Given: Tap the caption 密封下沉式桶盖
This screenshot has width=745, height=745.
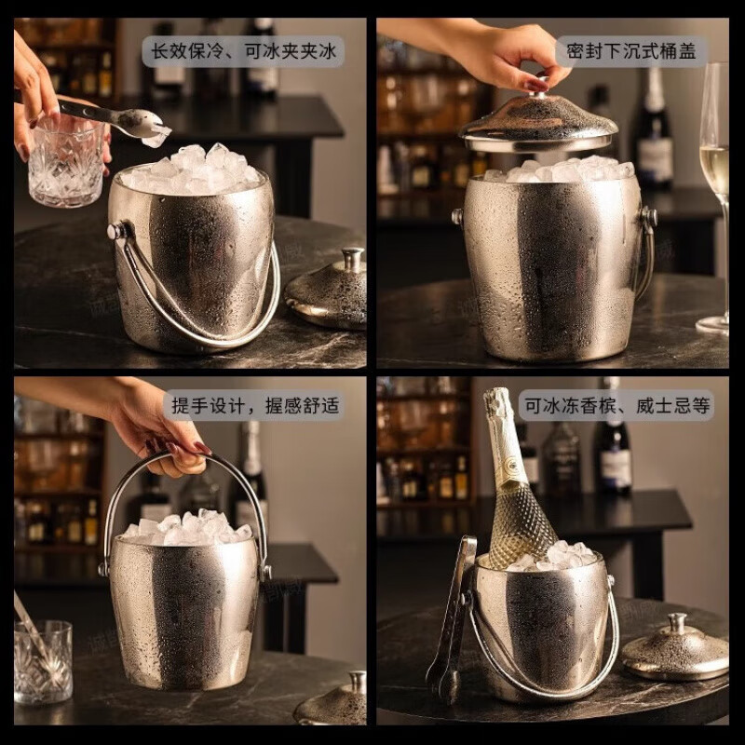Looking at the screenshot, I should click(x=630, y=51).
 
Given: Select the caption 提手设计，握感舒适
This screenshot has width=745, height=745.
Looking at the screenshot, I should click(x=253, y=405).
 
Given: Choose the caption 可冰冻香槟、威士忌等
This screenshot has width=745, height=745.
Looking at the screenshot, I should click(x=616, y=405).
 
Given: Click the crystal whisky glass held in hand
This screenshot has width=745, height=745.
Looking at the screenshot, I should click(x=63, y=160).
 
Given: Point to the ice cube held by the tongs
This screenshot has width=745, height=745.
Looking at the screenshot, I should click(x=156, y=138).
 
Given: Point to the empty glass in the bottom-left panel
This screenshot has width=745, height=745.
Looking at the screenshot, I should click(x=43, y=660).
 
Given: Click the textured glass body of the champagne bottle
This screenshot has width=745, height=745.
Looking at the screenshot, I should click(x=521, y=521).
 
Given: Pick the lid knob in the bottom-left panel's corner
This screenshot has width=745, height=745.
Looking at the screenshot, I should click(x=356, y=683).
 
